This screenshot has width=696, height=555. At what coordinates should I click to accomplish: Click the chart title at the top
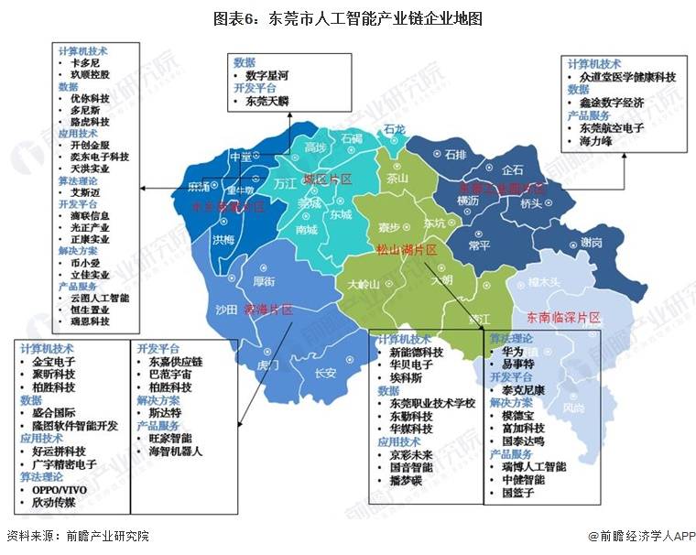(348, 18)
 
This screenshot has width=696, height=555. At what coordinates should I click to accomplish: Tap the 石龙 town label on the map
(394, 129)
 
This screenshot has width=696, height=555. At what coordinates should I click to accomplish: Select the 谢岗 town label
(591, 243)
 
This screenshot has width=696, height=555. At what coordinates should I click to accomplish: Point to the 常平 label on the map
(478, 245)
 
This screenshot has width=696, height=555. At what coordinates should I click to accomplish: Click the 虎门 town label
(268, 364)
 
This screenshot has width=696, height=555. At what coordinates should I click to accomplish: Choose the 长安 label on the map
(325, 373)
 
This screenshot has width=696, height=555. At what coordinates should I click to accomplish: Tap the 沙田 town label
(226, 309)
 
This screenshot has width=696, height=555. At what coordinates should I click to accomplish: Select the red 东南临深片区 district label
(563, 318)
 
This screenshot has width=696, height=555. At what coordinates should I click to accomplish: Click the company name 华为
(513, 352)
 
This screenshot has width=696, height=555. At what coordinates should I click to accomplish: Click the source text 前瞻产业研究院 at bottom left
(101, 536)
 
